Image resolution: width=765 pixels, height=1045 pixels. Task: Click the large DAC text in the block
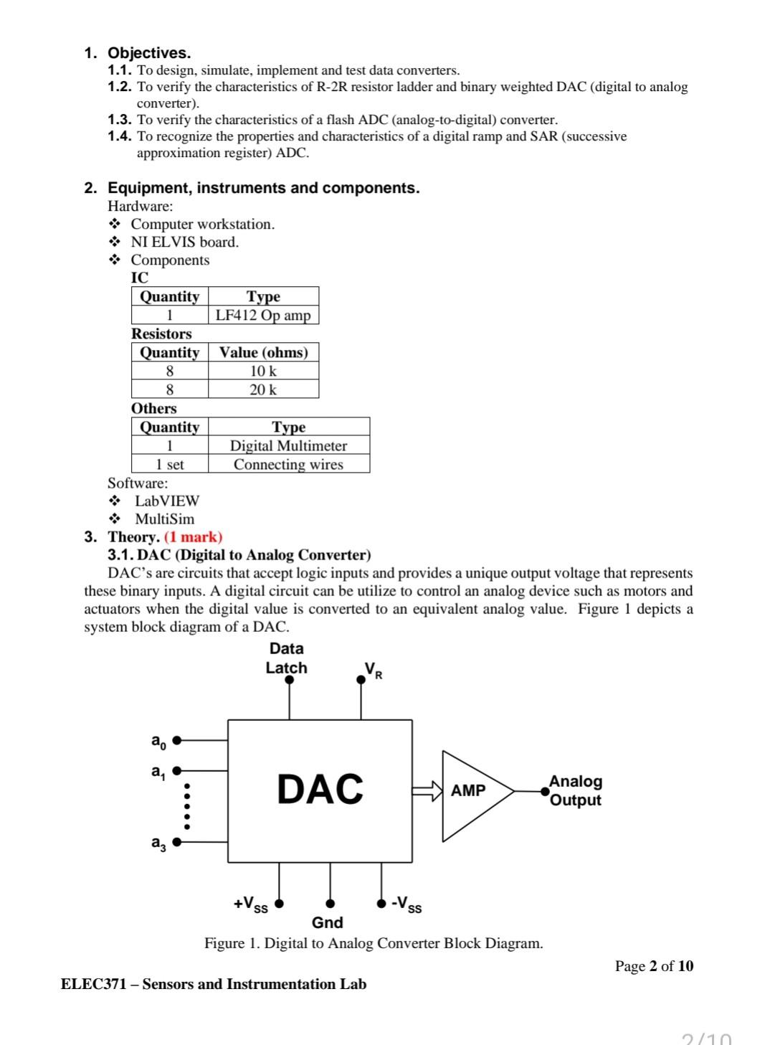pos(320,789)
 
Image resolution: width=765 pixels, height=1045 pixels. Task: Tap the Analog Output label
pos(575,790)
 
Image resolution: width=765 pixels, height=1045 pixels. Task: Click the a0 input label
pos(158,741)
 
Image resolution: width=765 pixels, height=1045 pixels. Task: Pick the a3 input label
pos(158,843)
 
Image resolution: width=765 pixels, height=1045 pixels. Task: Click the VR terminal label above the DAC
pos(374,670)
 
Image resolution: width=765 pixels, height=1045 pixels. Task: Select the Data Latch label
pos(286,658)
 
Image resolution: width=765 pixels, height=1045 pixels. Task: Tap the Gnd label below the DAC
pos(327,922)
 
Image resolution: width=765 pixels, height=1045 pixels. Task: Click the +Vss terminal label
pos(250,904)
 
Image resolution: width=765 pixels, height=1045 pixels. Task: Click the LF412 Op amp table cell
pos(263,316)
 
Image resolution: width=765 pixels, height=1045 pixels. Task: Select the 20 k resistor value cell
pos(263,389)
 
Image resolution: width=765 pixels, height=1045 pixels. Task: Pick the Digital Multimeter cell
pos(288,445)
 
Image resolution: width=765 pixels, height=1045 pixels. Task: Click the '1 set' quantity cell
pos(170,464)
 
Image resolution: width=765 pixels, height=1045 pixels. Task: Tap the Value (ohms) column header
pos(263,352)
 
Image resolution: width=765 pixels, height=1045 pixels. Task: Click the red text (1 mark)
pos(194,536)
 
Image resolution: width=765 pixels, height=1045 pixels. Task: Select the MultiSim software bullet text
pos(164,519)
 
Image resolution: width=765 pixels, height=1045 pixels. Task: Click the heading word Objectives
pos(149,53)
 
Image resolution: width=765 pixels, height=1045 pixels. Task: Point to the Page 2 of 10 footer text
pos(654,965)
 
